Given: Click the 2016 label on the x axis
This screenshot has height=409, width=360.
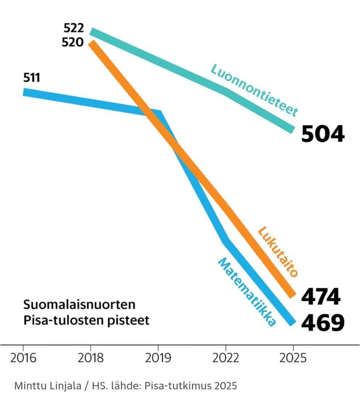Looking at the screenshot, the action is [23, 358].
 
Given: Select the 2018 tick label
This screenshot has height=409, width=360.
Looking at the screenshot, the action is [91, 358].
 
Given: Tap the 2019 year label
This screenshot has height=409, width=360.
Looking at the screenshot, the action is [158, 358].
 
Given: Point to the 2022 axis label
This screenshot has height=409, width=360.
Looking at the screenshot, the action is [226, 358].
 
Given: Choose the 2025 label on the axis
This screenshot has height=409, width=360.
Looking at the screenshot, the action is [293, 358].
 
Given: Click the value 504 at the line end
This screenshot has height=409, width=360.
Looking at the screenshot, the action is [323, 134].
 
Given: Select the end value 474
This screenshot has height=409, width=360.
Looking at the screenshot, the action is [321, 296].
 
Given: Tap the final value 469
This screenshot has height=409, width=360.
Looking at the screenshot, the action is [323, 322].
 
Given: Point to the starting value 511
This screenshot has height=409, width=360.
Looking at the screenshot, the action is [32, 77].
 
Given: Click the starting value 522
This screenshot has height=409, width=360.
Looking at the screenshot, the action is [74, 28].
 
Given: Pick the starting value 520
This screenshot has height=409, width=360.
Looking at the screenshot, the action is [73, 42].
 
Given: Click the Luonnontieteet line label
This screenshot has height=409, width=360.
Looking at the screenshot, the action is [254, 90].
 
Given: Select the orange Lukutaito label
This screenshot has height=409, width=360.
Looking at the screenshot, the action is [278, 252].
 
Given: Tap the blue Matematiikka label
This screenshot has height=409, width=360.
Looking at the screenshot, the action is [247, 292].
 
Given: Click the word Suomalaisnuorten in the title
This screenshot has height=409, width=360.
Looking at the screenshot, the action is [79, 305].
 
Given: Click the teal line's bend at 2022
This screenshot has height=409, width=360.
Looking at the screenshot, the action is [226, 92].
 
